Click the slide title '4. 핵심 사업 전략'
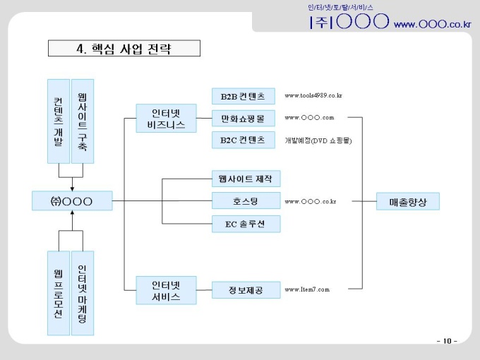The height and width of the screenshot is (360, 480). point(124,49)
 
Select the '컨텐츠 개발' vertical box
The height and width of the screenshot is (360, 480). point(58,121)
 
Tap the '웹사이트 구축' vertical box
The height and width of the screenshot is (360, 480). point(83,121)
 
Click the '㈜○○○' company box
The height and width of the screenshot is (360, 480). point(72,201)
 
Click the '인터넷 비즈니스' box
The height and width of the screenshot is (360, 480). point(166,118)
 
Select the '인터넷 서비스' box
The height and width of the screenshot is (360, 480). point(166,291)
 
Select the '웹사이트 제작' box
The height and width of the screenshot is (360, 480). point(246,178)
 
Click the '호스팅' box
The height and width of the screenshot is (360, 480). point(246,201)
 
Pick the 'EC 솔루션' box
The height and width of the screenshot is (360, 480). point(246,224)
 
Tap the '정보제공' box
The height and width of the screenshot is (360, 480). point(246,290)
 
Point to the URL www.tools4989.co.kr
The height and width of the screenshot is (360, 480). point(313,95)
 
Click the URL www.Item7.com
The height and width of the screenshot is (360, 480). point(307,289)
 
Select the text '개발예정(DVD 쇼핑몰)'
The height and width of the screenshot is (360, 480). point(318,140)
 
